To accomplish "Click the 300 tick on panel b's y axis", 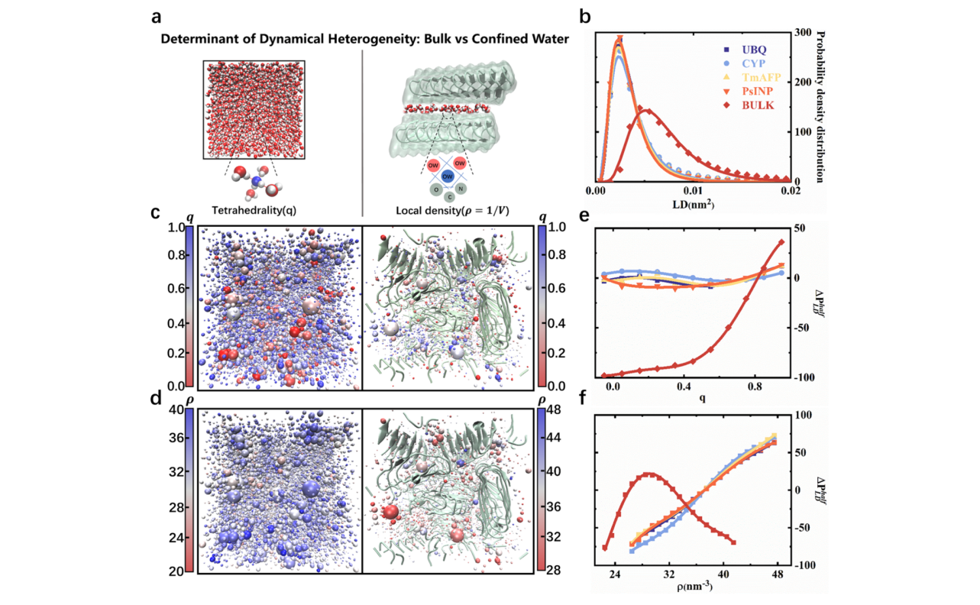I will (x=801, y=33).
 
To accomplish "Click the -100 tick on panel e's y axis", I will (x=804, y=377).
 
